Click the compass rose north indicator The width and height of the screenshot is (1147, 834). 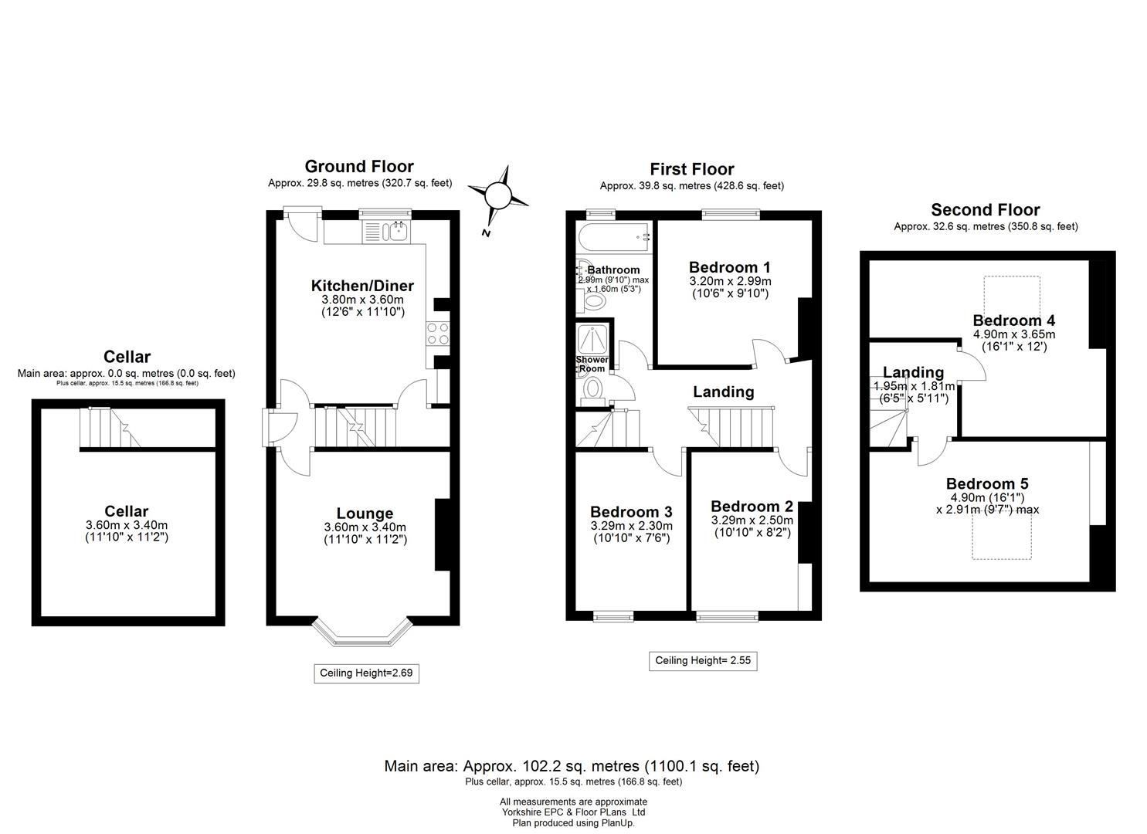[498, 196]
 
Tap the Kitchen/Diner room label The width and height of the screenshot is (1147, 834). [362, 286]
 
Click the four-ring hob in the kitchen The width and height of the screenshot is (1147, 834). [436, 334]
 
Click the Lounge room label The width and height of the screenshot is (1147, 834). [365, 514]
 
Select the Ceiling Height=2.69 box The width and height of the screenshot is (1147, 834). [366, 673]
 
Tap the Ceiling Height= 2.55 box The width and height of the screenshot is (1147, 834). [702, 660]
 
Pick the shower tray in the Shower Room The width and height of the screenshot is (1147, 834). [592, 338]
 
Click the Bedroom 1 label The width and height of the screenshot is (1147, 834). [728, 267]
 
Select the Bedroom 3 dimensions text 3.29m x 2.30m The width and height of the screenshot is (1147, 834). [630, 526]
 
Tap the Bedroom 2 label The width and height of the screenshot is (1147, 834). [752, 507]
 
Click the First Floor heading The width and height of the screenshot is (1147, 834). [691, 169]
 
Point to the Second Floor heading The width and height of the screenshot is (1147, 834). [985, 210]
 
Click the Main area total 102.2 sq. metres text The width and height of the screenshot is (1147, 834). [572, 766]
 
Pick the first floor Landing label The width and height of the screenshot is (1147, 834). [723, 392]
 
